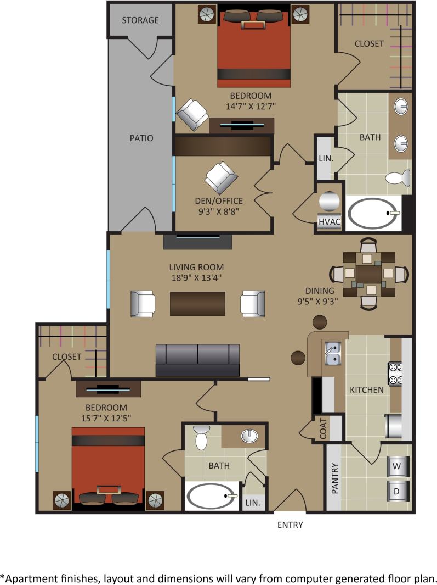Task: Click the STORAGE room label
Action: tap(140, 20)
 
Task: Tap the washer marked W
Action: tap(396, 467)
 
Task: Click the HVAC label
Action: tap(330, 222)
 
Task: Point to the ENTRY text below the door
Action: tap(290, 525)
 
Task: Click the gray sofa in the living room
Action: tap(197, 360)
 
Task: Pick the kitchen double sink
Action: tap(333, 353)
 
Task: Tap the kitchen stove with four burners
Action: tap(396, 373)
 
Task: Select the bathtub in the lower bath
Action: tap(212, 496)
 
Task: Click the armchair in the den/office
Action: tap(221, 177)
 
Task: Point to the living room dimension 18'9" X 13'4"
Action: tap(196, 278)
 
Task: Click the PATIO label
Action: tap(141, 138)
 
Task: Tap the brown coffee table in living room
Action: tap(197, 304)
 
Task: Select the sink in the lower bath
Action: tap(249, 436)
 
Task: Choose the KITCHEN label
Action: tap(367, 390)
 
